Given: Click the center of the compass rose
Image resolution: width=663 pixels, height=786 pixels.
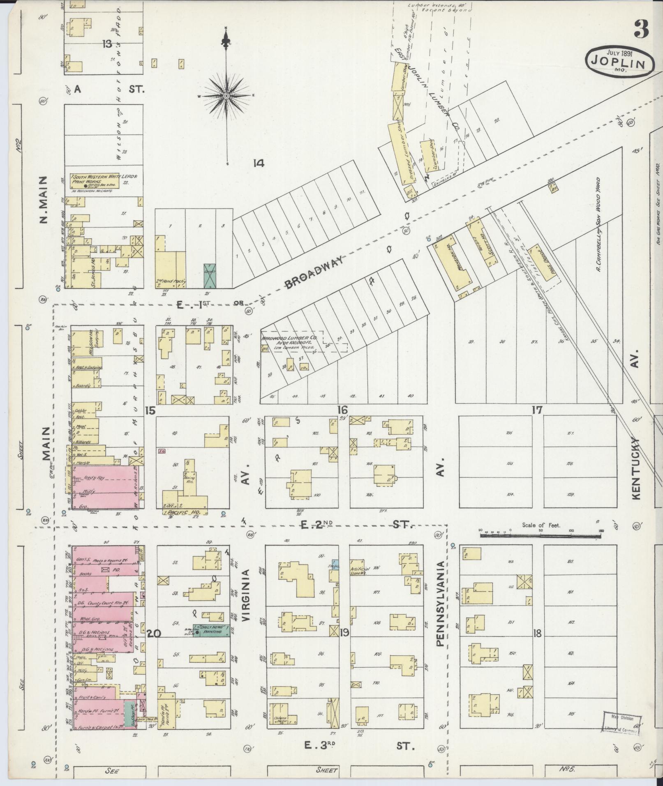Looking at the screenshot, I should [226, 96].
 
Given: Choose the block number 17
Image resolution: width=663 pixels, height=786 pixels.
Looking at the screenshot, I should [536, 410].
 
